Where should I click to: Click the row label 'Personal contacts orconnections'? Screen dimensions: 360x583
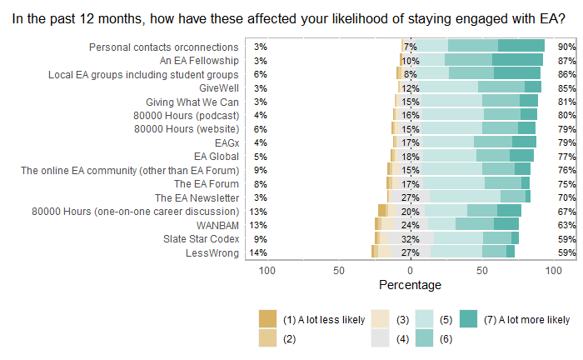click(163, 47)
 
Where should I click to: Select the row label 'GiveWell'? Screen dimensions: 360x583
click(219, 87)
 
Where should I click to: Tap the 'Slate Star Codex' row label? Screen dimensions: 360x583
click(201, 238)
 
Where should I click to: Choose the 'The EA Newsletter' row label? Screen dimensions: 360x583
click(197, 197)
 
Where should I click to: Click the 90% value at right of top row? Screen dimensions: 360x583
click(567, 47)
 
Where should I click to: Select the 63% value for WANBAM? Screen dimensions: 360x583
click(567, 225)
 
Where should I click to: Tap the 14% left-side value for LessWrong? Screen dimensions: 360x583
click(259, 252)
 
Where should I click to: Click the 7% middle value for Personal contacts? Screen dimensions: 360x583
click(410, 47)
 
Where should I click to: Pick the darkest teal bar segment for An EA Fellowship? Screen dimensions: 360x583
click(517, 60)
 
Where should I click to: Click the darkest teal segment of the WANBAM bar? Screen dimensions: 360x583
click(506, 225)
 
